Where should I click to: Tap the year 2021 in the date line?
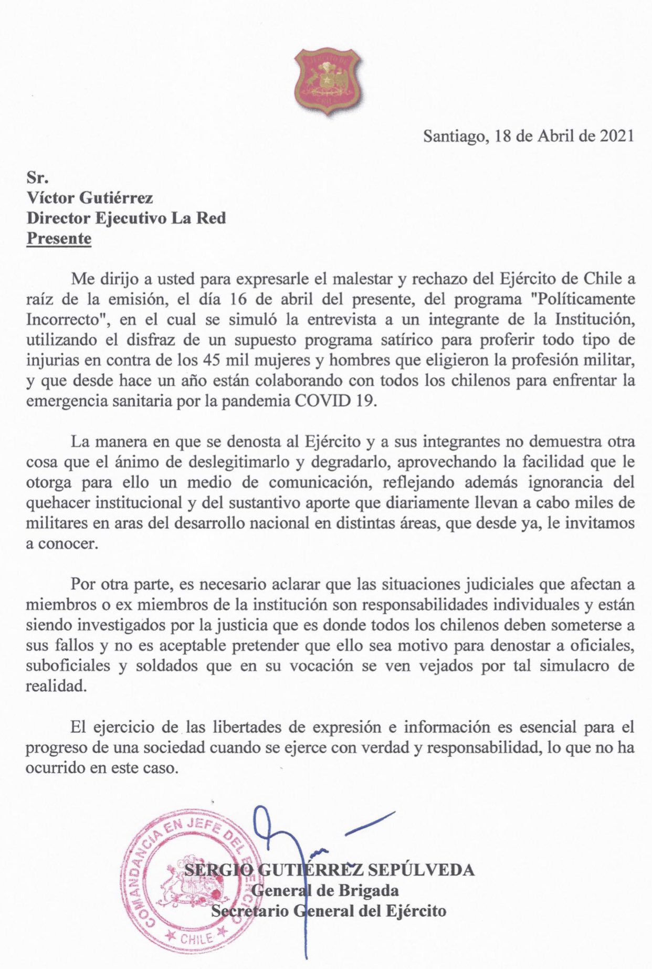[615, 136]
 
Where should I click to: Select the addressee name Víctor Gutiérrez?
[90, 198]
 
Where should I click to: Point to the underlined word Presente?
[59, 238]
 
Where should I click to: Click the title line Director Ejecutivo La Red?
[127, 218]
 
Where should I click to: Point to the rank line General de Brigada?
[325, 891]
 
